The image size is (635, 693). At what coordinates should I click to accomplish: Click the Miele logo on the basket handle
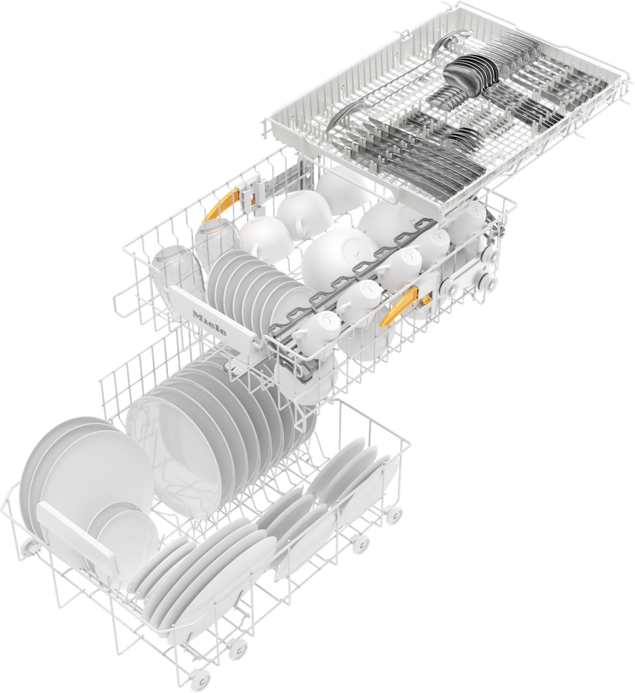(209, 323)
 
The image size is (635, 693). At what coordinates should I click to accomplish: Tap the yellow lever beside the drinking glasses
(220, 204)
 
